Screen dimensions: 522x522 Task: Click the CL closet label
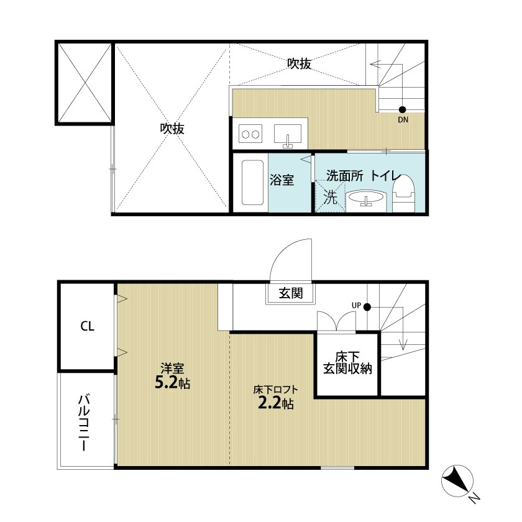[x=87, y=326]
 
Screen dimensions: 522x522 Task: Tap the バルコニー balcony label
[x=83, y=423]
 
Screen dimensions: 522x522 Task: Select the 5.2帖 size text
[x=173, y=383]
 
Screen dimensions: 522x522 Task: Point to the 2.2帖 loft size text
[x=276, y=403]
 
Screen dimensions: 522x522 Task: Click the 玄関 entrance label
[x=291, y=293]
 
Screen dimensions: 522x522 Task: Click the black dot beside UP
[x=367, y=307]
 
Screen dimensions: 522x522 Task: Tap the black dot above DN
[x=402, y=109]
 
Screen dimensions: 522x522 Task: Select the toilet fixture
[x=403, y=194]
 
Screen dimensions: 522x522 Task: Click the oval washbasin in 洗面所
[x=365, y=198]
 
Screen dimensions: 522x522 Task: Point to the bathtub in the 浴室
[x=253, y=183]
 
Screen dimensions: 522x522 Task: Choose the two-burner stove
[x=250, y=134]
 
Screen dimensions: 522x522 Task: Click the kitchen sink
[x=288, y=135]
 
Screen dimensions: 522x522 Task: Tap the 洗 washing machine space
[x=330, y=196]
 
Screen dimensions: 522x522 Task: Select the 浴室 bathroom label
[x=282, y=180]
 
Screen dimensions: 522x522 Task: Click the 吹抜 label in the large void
[x=172, y=129]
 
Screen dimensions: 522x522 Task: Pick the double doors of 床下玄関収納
[x=336, y=321]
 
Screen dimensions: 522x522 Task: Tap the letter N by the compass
[x=474, y=498]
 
